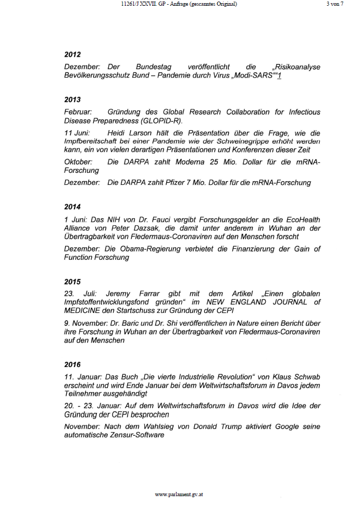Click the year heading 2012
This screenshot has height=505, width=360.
(72, 55)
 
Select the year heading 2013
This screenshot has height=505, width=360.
(72, 99)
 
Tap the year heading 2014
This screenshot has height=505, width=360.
(72, 207)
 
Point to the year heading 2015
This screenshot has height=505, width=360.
(72, 282)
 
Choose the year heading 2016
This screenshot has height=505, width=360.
(72, 364)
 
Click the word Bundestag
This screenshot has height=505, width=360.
(155, 67)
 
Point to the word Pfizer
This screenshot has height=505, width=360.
(175, 183)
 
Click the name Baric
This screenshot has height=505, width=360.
(120, 323)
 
